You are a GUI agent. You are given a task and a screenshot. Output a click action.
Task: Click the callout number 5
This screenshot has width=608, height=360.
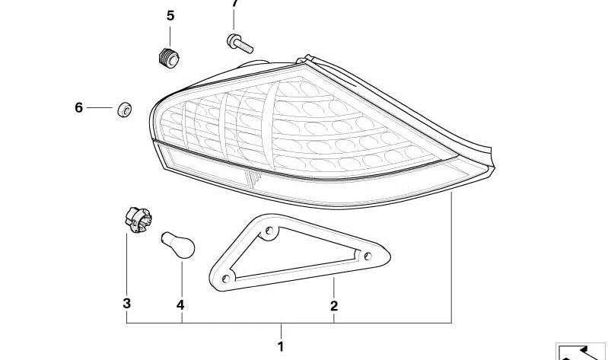click(170, 16)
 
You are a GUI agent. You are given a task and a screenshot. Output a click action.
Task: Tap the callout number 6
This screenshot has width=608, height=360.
click(78, 107)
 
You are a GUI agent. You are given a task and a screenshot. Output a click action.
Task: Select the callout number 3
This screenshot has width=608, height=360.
click(127, 303)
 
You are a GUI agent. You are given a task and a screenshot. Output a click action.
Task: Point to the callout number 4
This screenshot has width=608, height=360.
click(180, 305)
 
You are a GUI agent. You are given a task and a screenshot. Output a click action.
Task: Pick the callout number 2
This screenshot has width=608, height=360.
click(334, 306)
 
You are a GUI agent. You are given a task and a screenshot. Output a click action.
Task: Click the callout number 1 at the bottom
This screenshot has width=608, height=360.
click(281, 346)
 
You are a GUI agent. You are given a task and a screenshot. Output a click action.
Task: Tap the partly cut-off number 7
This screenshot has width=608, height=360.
click(235, 3)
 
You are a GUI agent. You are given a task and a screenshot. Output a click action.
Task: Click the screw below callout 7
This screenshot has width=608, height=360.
click(240, 43)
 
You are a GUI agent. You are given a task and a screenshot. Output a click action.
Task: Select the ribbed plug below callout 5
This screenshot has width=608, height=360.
click(170, 57)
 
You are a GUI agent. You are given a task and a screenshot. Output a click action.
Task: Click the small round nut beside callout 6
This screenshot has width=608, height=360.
click(125, 110)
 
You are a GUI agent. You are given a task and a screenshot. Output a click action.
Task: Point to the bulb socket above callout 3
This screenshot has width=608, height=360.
click(138, 220)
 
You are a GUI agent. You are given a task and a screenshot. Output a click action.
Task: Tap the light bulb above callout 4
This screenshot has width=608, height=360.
click(178, 245)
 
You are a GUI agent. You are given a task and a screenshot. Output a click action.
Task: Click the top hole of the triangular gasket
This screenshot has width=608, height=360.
click(269, 231)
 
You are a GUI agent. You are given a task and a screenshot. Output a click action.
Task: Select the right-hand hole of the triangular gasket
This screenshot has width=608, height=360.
click(368, 256)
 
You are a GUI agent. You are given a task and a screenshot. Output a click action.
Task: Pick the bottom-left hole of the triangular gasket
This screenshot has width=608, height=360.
click(226, 278)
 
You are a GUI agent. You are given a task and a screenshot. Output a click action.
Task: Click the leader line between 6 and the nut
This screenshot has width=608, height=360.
click(100, 107)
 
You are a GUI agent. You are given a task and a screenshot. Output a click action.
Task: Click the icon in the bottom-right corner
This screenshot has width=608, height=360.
click(581, 352)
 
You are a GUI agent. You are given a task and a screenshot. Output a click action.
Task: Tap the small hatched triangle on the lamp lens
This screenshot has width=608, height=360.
click(253, 178)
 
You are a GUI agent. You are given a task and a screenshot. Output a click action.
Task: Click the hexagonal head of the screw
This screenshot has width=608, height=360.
click(232, 41)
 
